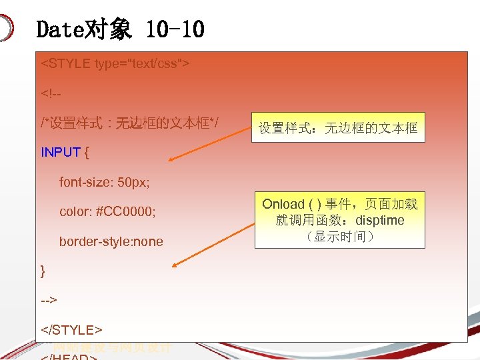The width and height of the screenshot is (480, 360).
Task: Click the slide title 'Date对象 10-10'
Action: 120,29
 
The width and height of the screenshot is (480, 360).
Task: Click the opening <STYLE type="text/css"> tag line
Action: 115,64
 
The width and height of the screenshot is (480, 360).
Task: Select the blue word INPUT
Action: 61,152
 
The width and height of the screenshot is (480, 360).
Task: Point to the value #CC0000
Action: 126,211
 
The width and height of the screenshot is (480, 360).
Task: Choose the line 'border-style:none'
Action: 111,241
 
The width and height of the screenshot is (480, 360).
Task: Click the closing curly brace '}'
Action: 43,270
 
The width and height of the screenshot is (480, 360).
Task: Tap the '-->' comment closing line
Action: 49,300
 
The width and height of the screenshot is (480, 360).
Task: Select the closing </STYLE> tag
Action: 71,329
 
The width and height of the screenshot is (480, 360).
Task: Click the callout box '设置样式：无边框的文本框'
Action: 338,128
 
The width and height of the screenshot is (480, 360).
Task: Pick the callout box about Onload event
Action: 339,220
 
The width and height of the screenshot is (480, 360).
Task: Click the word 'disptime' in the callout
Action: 379,221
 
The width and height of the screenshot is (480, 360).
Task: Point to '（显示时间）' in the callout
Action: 339,237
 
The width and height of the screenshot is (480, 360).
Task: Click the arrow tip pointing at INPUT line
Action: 170,160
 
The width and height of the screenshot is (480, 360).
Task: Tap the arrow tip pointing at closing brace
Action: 175,266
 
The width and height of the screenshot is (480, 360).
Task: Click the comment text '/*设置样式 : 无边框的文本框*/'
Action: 131,123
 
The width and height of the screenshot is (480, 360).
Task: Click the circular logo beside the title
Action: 5,29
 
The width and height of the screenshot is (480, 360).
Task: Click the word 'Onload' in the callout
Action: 283,204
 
